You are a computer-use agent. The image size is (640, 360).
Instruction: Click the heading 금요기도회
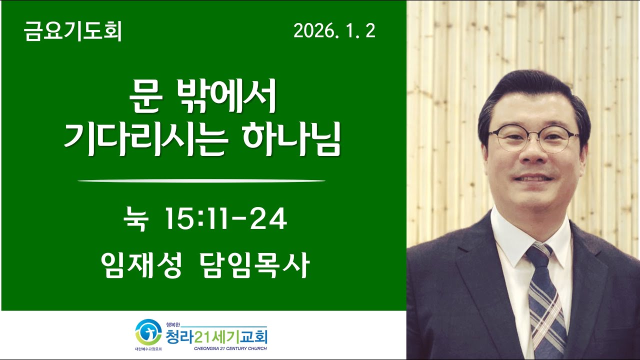(73, 32)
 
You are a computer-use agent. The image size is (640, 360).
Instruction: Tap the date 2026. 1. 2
(334, 32)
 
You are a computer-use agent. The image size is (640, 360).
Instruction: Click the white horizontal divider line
(201, 180)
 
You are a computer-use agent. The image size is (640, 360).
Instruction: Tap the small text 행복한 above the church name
(172, 324)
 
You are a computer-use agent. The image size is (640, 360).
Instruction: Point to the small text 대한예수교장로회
(148, 348)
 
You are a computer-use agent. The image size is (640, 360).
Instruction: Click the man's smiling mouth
(535, 177)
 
